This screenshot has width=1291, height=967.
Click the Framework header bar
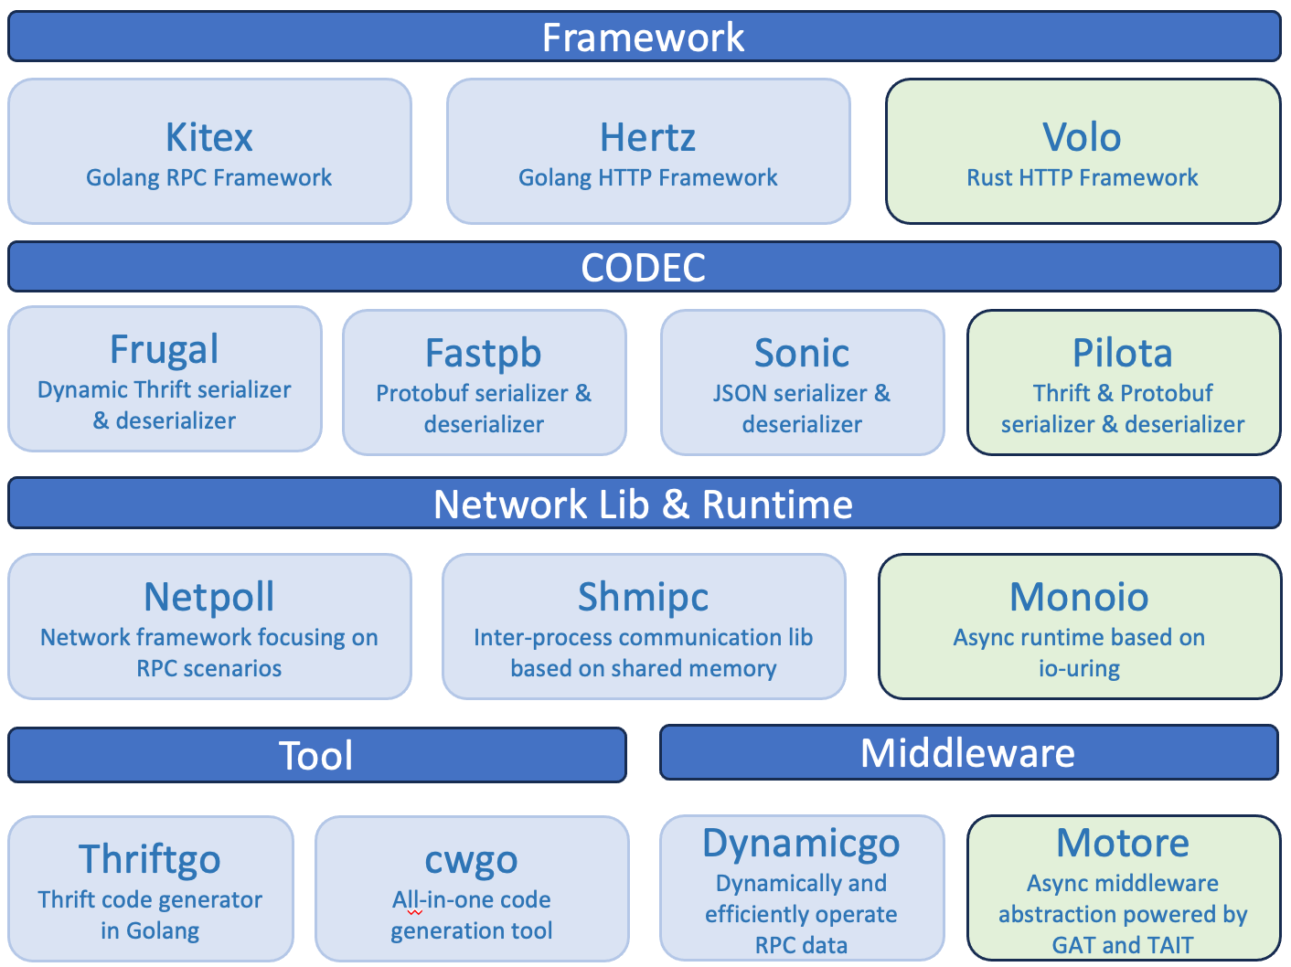(644, 37)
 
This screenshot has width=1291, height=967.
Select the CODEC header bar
(644, 267)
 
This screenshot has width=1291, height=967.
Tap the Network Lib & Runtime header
(644, 504)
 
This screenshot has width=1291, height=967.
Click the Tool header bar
(316, 756)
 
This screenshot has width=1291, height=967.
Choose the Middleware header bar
(968, 753)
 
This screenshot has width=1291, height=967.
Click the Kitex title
(209, 138)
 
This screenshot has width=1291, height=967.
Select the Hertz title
(648, 138)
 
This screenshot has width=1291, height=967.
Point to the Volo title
(1082, 138)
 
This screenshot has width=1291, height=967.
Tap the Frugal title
(165, 349)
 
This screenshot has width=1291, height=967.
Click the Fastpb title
(484, 354)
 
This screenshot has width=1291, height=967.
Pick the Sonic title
(802, 354)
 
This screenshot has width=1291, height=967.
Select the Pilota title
(1123, 354)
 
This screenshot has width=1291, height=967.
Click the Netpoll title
(209, 597)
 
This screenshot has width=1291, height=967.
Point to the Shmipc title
(643, 597)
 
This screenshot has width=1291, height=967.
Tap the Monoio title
(1079, 597)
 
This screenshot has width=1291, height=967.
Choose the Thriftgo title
(150, 859)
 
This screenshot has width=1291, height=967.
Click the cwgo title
(472, 859)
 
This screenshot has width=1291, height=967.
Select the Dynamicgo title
(801, 843)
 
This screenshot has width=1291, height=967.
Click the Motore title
(1123, 843)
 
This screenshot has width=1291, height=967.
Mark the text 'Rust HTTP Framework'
(1083, 177)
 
